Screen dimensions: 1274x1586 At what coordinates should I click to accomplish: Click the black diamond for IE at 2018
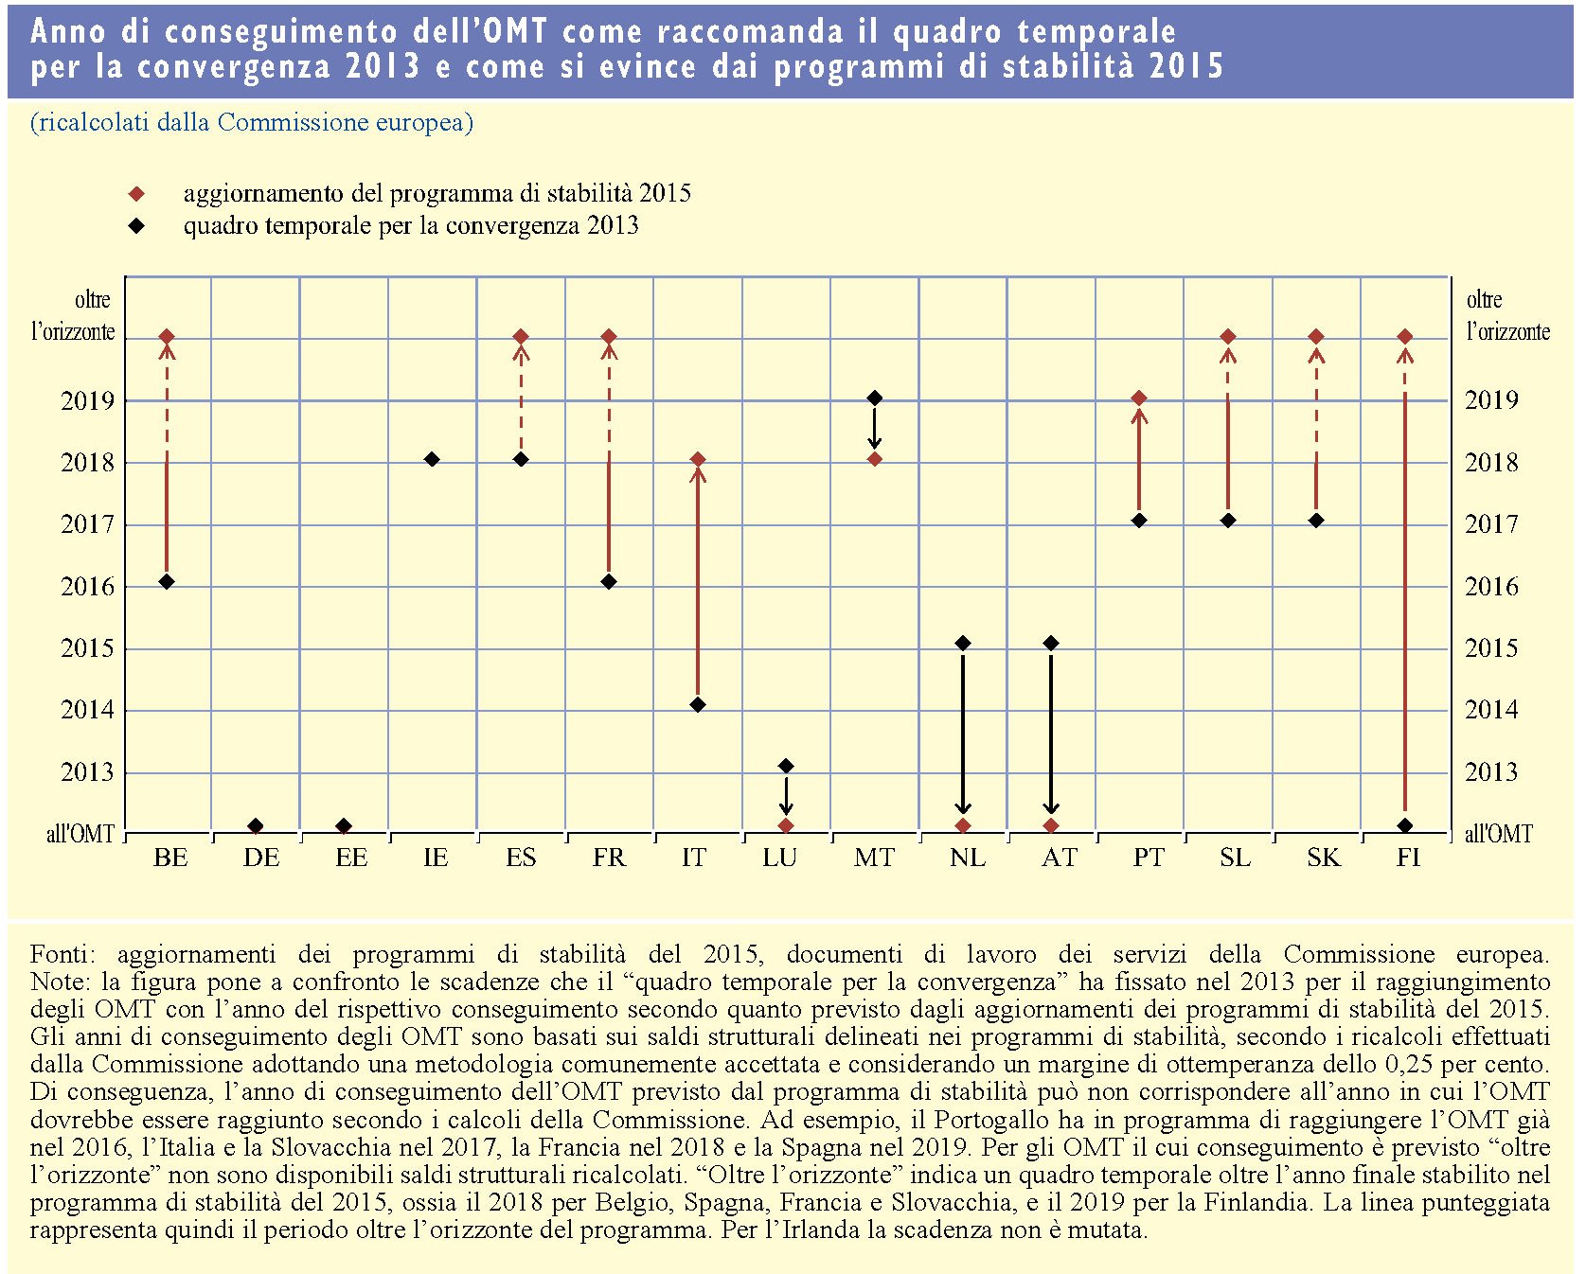(432, 459)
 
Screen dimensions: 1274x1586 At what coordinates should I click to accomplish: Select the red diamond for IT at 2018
(698, 459)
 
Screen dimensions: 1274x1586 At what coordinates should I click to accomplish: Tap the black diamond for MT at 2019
(875, 398)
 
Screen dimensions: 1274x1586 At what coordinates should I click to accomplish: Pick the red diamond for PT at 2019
(1139, 398)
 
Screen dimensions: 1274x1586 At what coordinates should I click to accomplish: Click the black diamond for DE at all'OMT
(256, 826)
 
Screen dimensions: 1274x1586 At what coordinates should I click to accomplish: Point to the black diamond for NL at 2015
(963, 644)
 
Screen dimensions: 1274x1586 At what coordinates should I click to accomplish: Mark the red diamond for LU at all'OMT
(786, 826)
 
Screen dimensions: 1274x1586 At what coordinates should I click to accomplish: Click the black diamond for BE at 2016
(167, 581)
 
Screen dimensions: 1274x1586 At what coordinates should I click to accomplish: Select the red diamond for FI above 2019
(1405, 336)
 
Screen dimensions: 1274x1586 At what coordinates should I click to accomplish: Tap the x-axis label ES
(521, 858)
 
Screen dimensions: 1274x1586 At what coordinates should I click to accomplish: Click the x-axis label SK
(1323, 858)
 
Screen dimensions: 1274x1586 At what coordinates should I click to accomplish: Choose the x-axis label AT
(1059, 858)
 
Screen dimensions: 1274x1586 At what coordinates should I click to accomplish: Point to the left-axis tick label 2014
(87, 709)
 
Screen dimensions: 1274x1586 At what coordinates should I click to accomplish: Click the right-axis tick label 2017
(1491, 523)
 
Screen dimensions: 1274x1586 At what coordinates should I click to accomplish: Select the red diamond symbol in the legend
(137, 194)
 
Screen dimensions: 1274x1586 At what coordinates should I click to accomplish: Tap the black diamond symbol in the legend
(137, 226)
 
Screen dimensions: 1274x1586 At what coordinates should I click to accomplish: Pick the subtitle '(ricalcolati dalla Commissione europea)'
(252, 122)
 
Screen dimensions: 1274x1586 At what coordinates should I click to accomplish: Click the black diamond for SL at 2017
(1228, 521)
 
